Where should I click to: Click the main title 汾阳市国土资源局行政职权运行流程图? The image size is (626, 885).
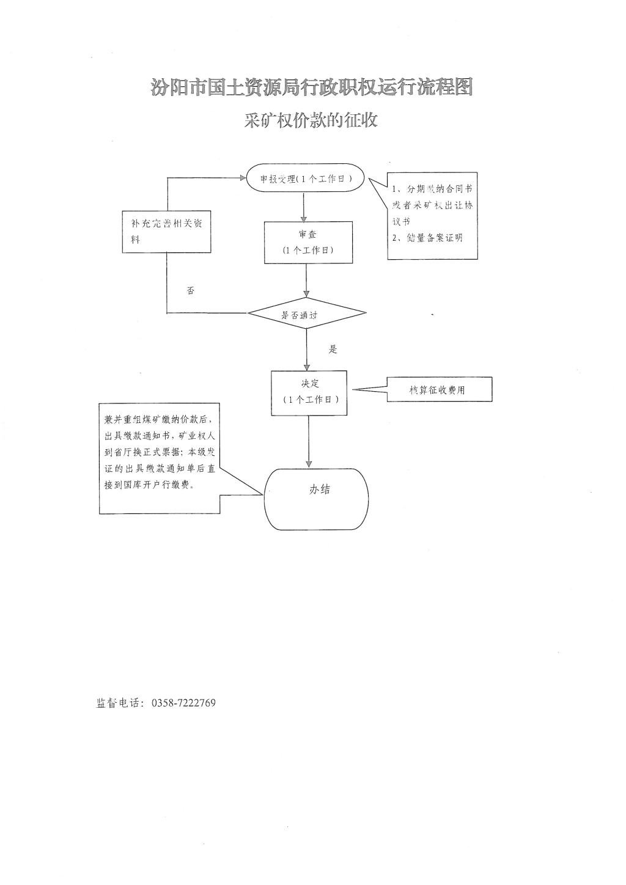[312, 88]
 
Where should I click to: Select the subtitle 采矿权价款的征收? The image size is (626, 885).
[311, 120]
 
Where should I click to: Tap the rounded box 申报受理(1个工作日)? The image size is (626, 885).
[306, 178]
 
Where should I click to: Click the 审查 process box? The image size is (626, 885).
[308, 242]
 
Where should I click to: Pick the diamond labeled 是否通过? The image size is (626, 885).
[307, 314]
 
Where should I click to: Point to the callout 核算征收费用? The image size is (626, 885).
[439, 389]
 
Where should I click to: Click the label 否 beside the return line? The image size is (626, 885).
[191, 292]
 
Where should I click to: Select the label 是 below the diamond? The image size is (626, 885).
[333, 350]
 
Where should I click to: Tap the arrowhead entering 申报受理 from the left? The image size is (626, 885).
[241, 178]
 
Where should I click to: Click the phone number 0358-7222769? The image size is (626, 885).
[182, 703]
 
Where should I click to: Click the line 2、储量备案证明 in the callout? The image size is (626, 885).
[427, 238]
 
